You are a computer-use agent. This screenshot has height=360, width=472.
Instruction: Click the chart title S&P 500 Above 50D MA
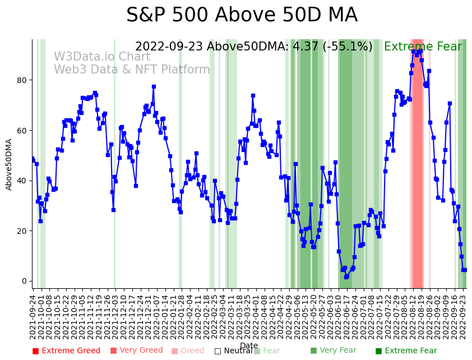[x=242, y=16]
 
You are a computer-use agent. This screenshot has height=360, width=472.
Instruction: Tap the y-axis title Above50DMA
[x=9, y=164]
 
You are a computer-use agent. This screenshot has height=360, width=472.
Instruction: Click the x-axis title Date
[x=249, y=345]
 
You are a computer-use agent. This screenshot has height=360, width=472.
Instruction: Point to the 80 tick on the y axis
[x=22, y=80]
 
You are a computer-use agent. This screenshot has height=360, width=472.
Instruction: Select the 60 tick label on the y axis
[x=22, y=130]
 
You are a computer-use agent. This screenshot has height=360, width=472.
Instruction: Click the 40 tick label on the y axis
[x=22, y=181]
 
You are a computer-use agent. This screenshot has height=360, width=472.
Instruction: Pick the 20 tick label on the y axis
[x=22, y=231]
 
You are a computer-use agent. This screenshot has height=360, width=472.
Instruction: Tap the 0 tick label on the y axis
[x=24, y=281]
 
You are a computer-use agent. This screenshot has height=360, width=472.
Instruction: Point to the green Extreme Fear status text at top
[x=423, y=47]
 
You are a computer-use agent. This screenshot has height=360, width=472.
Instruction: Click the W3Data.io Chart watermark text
[x=102, y=57]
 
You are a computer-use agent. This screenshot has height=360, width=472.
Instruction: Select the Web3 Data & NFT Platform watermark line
[x=132, y=70]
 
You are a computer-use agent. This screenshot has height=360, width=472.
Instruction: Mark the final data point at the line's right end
[x=465, y=270]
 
